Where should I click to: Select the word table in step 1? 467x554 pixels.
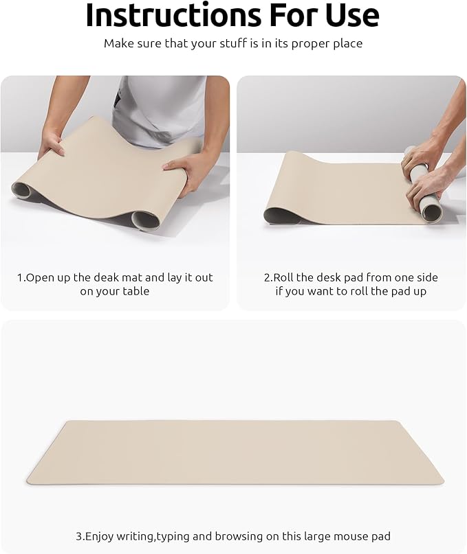point(136,291)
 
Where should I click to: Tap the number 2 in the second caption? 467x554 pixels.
point(267,277)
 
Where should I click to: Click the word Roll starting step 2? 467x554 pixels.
point(285,277)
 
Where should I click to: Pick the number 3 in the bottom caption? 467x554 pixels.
point(78,536)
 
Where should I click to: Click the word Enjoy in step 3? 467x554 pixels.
point(100,536)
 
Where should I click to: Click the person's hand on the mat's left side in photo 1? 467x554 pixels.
point(52,142)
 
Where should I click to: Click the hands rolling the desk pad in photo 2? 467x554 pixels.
point(423,172)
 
